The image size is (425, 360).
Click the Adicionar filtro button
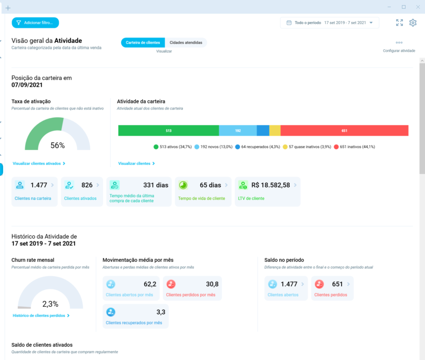coord(35,23)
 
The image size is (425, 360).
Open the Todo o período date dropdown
coord(329,23)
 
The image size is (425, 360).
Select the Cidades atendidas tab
coord(186,43)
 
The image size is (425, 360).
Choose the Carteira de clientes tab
coord(143,43)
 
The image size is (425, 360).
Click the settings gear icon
coord(413,23)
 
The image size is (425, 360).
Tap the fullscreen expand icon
coord(399,23)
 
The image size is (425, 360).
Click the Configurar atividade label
coord(399,51)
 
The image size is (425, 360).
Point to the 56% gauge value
coord(57,145)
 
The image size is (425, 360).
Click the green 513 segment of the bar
coord(168,131)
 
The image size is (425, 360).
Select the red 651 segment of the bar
coord(344,131)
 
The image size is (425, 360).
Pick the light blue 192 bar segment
coord(238,131)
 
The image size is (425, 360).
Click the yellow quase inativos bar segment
coord(275,131)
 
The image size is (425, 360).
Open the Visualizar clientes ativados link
coord(39,164)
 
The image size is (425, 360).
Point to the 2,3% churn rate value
coord(50,304)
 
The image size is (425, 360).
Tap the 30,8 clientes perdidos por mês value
coord(212,284)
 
